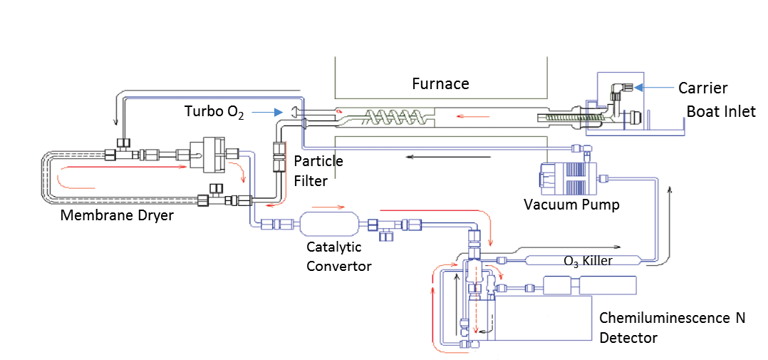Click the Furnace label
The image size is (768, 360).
pos(440,84)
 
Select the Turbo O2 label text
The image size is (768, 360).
pos(214,112)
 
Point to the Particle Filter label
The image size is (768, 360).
pos(318,171)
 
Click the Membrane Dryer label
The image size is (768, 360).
pos(117,215)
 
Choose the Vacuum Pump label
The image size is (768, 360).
pos(571,205)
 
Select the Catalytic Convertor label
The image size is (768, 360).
pos(339,257)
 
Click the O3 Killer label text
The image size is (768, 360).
pos(588,261)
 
